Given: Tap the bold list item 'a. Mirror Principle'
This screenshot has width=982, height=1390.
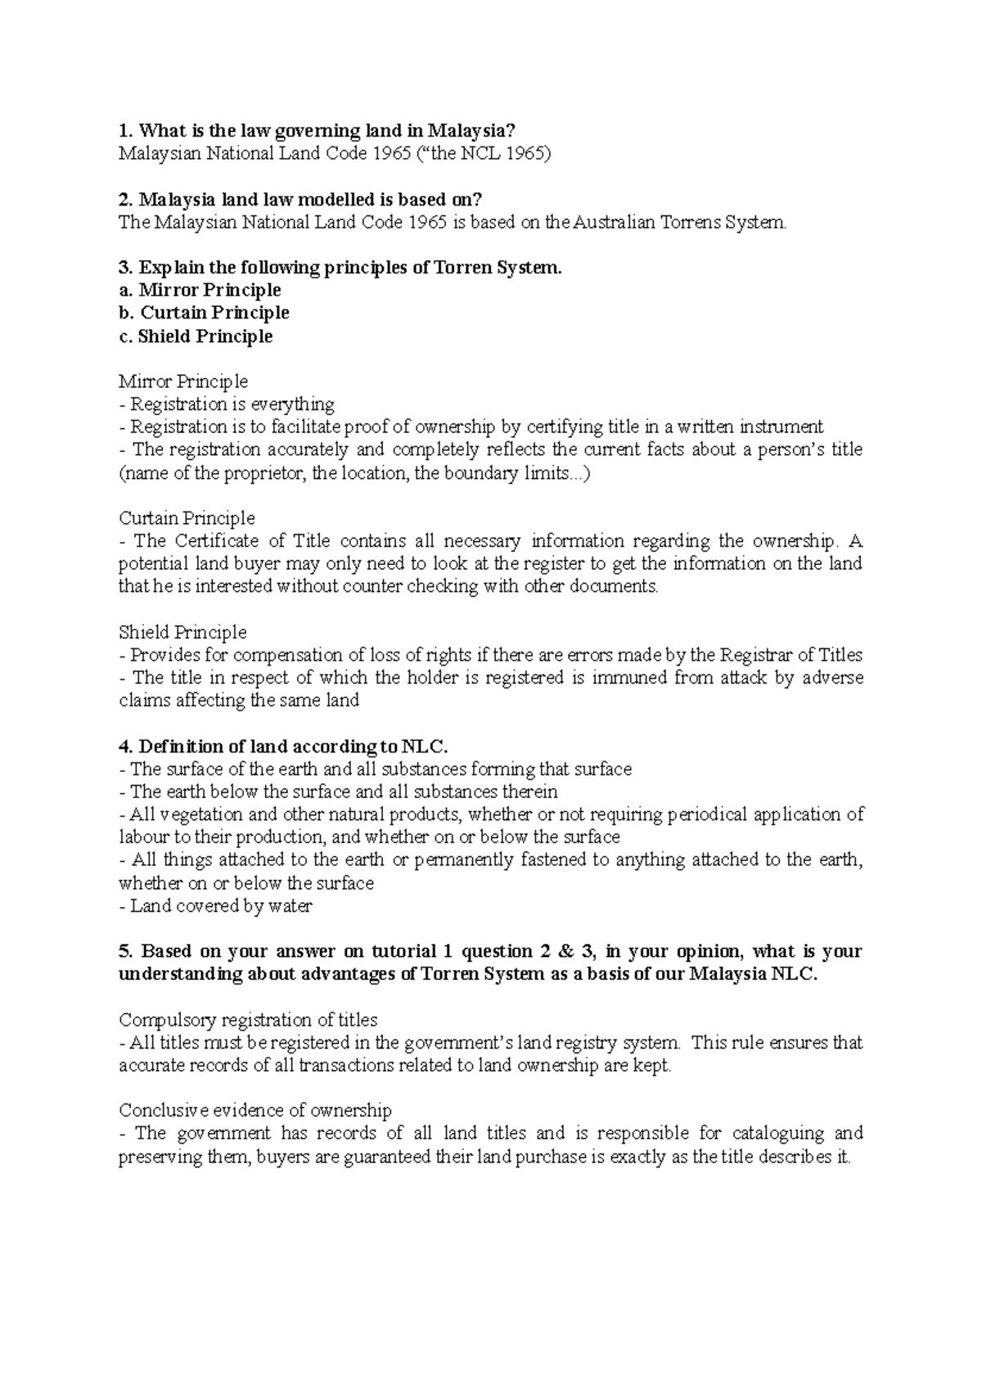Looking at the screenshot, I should [x=200, y=291].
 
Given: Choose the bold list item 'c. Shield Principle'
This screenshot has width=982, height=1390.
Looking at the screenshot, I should [x=196, y=336].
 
